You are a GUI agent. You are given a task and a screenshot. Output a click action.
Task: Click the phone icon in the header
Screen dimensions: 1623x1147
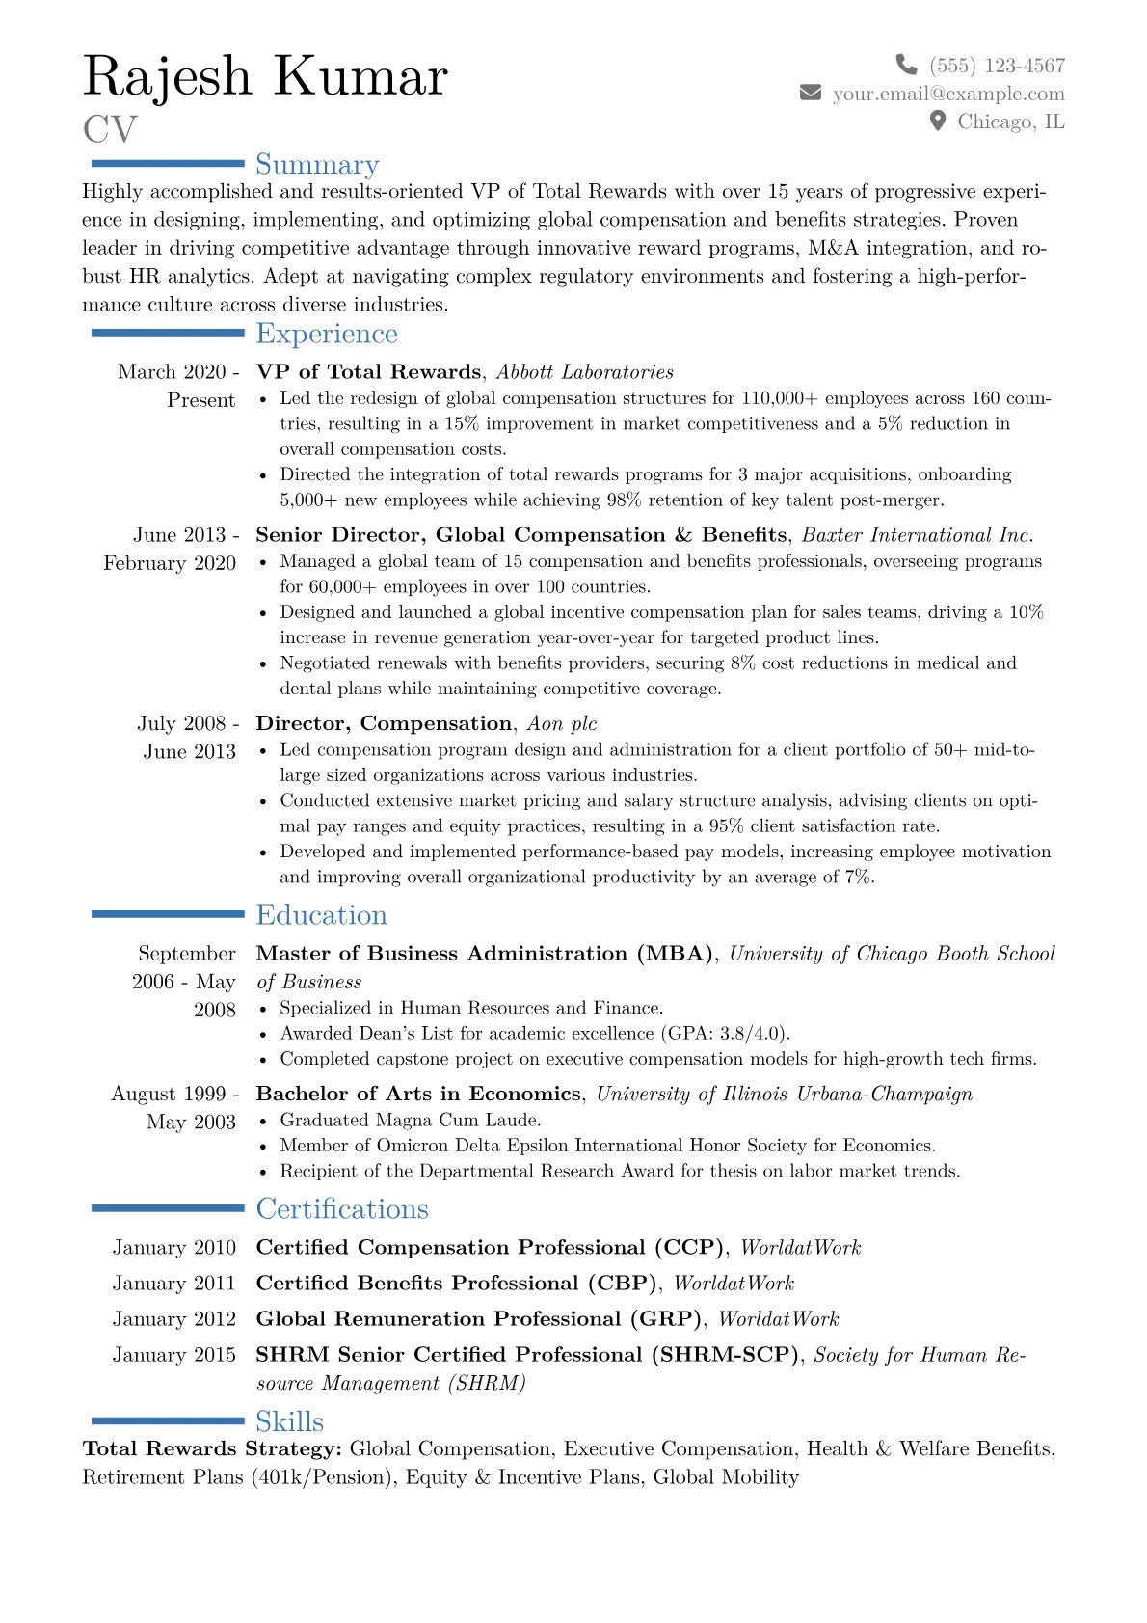click(906, 65)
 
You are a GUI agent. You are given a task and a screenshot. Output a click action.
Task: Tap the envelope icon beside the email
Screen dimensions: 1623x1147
click(811, 93)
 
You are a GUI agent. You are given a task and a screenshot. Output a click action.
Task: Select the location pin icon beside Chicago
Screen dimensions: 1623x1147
click(937, 121)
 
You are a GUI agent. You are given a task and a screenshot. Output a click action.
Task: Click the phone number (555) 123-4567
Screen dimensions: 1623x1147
click(997, 66)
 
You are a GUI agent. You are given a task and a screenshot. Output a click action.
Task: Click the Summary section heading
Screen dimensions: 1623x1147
click(317, 165)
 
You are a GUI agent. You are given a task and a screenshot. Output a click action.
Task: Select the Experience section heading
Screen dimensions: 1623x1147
click(327, 334)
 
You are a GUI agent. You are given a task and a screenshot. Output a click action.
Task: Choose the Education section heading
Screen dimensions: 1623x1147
click(321, 915)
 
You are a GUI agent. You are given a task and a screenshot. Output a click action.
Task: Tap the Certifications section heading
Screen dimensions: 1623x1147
click(342, 1209)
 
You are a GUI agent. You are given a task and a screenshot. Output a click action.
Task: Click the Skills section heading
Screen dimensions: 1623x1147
click(289, 1421)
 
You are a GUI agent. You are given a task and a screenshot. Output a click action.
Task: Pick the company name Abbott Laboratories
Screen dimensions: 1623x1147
click(585, 372)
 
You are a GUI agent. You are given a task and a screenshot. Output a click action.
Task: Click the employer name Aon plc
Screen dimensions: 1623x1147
click(562, 724)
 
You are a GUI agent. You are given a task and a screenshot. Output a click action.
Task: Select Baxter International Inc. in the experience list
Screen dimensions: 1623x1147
click(918, 535)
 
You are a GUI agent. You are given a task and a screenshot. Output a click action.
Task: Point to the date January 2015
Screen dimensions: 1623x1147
click(174, 1355)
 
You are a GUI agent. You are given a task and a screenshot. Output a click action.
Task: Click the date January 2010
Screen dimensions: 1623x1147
click(174, 1248)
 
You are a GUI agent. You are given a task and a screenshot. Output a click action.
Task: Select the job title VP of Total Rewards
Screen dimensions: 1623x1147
click(368, 372)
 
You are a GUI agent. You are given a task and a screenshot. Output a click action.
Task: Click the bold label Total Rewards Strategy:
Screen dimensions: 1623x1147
click(212, 1449)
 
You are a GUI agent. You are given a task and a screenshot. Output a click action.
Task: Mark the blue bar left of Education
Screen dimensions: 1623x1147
click(168, 914)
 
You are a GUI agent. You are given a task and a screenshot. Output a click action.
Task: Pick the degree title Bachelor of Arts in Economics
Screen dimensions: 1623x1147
click(418, 1095)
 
